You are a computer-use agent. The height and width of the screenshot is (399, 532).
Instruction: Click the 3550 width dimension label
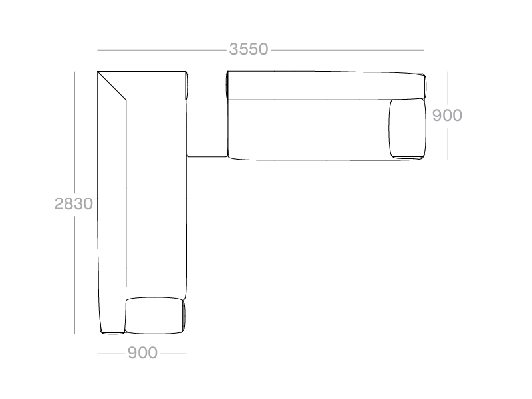tap(249, 49)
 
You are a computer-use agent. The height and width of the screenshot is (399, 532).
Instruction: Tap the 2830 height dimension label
tap(74, 204)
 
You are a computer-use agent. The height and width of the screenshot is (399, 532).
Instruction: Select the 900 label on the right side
tap(447, 115)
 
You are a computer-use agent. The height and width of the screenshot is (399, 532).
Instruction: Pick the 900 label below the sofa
tap(142, 353)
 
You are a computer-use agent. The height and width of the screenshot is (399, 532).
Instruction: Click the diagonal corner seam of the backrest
tap(112, 86)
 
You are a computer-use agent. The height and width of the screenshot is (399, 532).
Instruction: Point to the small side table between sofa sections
tap(207, 115)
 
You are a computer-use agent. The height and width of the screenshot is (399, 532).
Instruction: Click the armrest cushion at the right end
tap(407, 128)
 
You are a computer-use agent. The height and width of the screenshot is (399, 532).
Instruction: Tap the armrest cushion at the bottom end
tap(155, 315)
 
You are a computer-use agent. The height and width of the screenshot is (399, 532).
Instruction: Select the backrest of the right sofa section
tap(325, 86)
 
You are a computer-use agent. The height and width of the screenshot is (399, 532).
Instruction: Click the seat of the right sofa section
tap(308, 130)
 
